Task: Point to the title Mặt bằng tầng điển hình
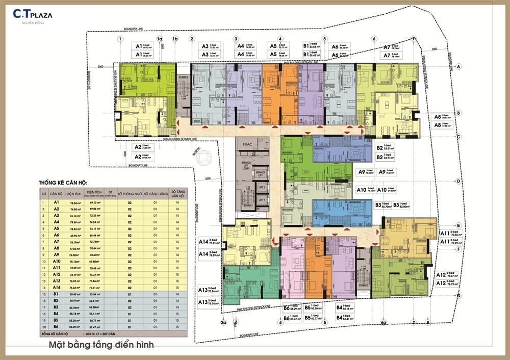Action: pyautogui.click(x=101, y=345)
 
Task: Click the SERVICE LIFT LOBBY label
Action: pyautogui.click(x=246, y=171)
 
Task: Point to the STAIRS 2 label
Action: pyautogui.click(x=184, y=77)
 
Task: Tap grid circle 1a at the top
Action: pyautogui.click(x=160, y=39)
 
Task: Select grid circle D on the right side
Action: pyautogui.click(x=459, y=181)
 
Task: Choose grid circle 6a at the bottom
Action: pyautogui.click(x=384, y=322)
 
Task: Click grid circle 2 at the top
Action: pyautogui.click(x=192, y=39)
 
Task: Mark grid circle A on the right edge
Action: pyautogui.click(x=459, y=67)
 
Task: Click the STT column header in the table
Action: pyautogui.click(x=46, y=194)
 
